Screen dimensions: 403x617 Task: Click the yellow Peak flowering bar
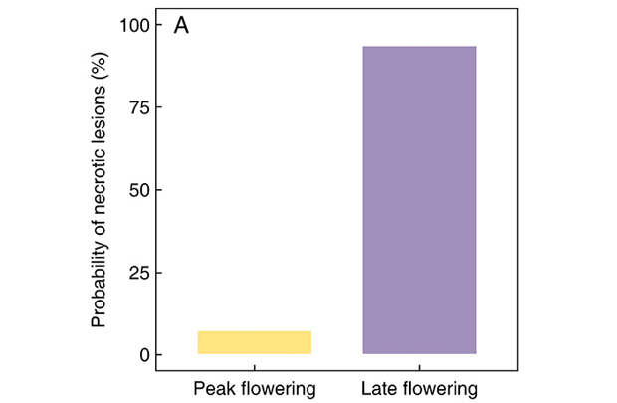click(x=254, y=342)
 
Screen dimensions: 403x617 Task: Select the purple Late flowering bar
click(x=419, y=200)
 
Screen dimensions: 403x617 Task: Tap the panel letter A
click(x=182, y=25)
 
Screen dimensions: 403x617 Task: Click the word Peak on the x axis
click(x=212, y=386)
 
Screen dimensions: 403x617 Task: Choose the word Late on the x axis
click(x=377, y=386)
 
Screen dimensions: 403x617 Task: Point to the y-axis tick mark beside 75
click(x=159, y=107)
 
